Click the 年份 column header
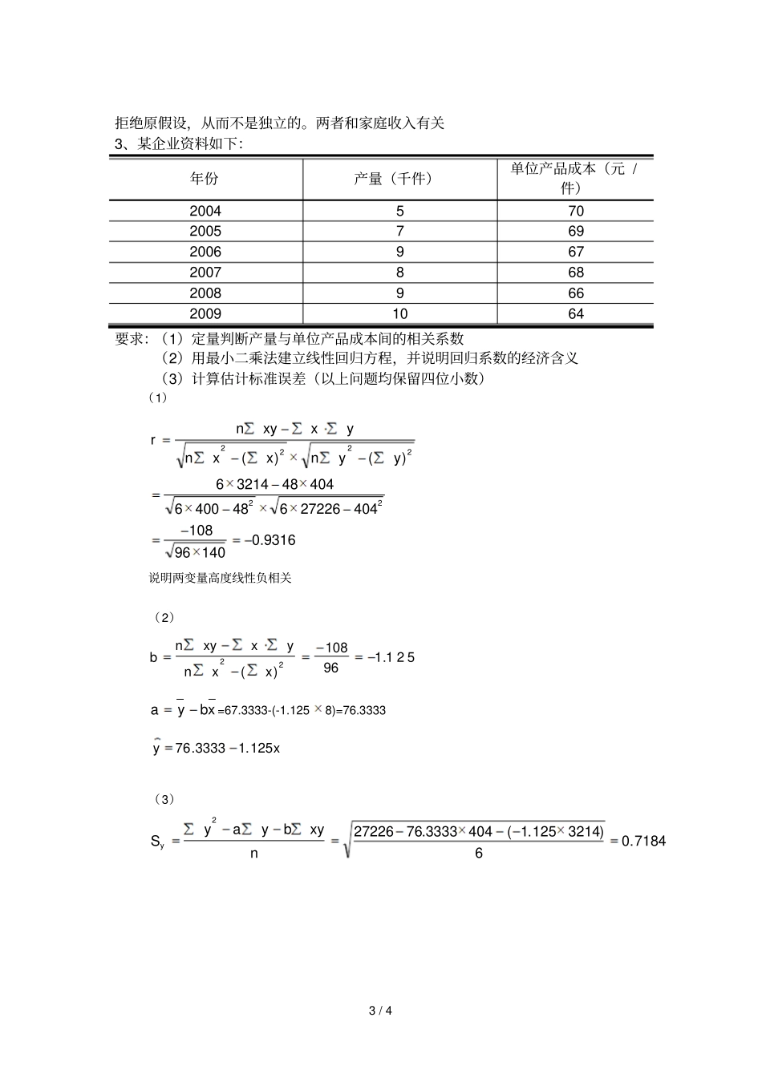tap(205, 179)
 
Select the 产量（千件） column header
tap(399, 179)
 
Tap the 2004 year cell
tap(205, 211)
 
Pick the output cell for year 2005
tap(399, 231)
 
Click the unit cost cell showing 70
tap(576, 211)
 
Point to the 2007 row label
tap(205, 273)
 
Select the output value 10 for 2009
tap(399, 314)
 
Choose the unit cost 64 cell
tap(576, 314)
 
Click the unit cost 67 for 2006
tap(576, 252)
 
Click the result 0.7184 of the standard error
tap(643, 841)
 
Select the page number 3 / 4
tap(380, 1010)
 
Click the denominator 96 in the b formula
tap(331, 668)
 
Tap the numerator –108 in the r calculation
tap(197, 531)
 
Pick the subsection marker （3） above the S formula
tap(162, 799)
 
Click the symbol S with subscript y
tap(157, 842)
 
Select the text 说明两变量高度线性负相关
tap(220, 578)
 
